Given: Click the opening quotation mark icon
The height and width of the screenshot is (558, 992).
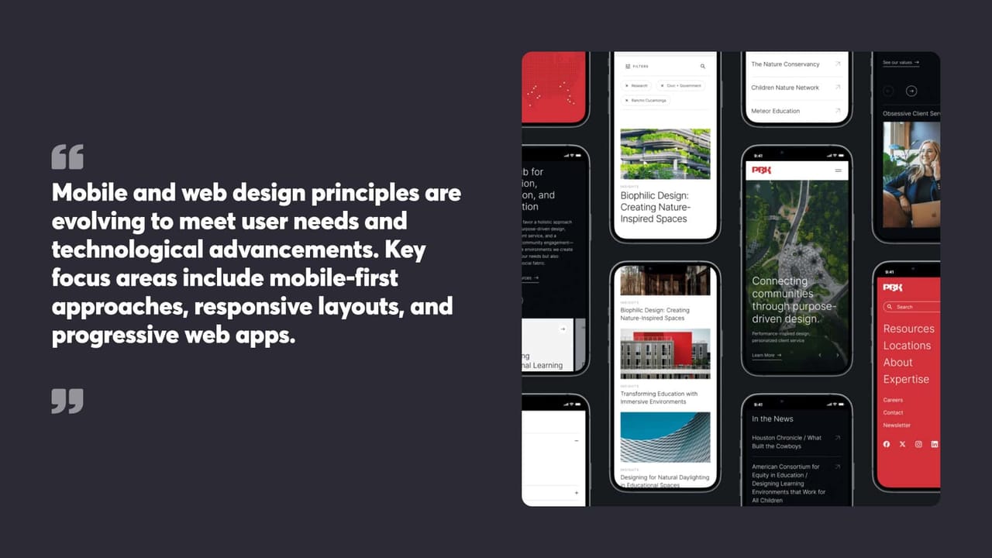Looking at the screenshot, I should tap(67, 157).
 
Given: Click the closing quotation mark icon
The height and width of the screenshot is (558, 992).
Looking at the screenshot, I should tap(67, 401).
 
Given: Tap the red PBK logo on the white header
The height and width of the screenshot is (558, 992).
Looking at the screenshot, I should tap(762, 170).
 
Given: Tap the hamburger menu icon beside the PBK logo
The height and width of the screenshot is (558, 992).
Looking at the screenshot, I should tap(838, 170).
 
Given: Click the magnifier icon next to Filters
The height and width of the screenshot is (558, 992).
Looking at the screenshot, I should tap(703, 67).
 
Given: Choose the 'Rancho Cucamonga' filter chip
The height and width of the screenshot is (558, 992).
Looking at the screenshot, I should tap(646, 101).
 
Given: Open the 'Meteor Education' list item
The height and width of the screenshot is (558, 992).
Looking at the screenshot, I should tap(775, 111).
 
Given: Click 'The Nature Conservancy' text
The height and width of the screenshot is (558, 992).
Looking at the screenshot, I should tap(785, 64).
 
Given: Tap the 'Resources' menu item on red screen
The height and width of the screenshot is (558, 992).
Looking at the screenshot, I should tap(908, 329).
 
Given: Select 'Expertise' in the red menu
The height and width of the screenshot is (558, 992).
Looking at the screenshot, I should tap(906, 379).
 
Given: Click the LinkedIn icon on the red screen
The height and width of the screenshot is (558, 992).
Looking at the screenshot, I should tap(935, 444).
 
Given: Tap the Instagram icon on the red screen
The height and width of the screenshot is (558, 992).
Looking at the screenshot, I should tap(918, 444).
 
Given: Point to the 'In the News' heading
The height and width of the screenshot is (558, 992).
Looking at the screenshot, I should tap(772, 418).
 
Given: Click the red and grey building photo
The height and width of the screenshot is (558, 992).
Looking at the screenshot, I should tap(665, 353).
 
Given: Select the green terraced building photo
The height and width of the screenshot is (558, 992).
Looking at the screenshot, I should tap(665, 153).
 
